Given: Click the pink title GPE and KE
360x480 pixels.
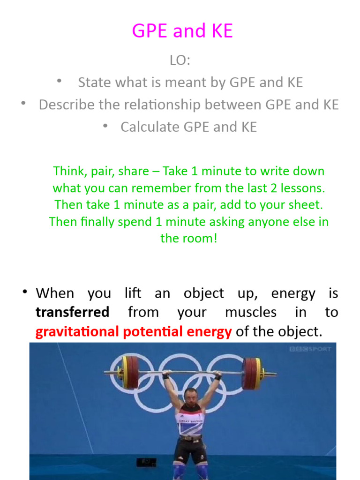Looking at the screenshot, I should (182, 31).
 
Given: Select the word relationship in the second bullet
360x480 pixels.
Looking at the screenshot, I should (200, 105).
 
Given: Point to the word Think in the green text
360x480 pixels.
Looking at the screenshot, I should (68, 171).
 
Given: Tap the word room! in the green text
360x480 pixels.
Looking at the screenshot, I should (203, 238).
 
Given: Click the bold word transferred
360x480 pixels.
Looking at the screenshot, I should (73, 312).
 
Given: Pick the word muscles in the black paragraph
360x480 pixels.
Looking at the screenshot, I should (251, 312).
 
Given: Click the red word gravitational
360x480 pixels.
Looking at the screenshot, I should (77, 332).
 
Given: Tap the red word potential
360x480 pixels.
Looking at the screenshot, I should (152, 332).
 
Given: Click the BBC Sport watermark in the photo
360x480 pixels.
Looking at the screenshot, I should (311, 349).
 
